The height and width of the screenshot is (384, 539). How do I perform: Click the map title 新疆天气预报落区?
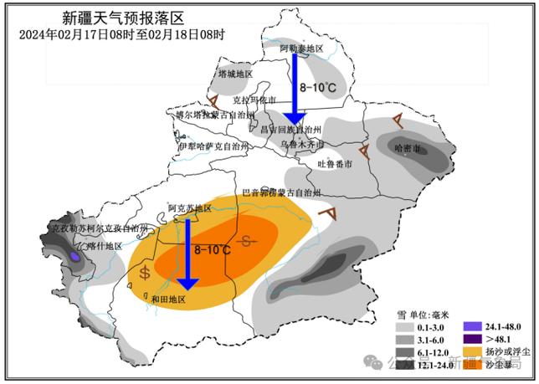[x=123, y=17]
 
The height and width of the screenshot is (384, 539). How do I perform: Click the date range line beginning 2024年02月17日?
[x=122, y=34]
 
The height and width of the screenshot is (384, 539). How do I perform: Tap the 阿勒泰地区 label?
[x=300, y=49]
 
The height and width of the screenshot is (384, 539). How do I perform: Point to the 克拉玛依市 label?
[x=254, y=99]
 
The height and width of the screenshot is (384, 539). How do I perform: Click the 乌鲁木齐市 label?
[x=300, y=143]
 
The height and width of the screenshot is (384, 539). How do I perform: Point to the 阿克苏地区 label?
[x=187, y=207]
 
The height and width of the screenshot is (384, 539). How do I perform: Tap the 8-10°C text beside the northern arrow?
[x=319, y=88]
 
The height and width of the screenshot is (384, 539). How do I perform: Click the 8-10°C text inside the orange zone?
[x=213, y=249]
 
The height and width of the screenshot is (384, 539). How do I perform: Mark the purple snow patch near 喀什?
[x=75, y=258]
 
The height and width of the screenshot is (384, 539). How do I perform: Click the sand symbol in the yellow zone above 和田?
[x=146, y=272]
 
